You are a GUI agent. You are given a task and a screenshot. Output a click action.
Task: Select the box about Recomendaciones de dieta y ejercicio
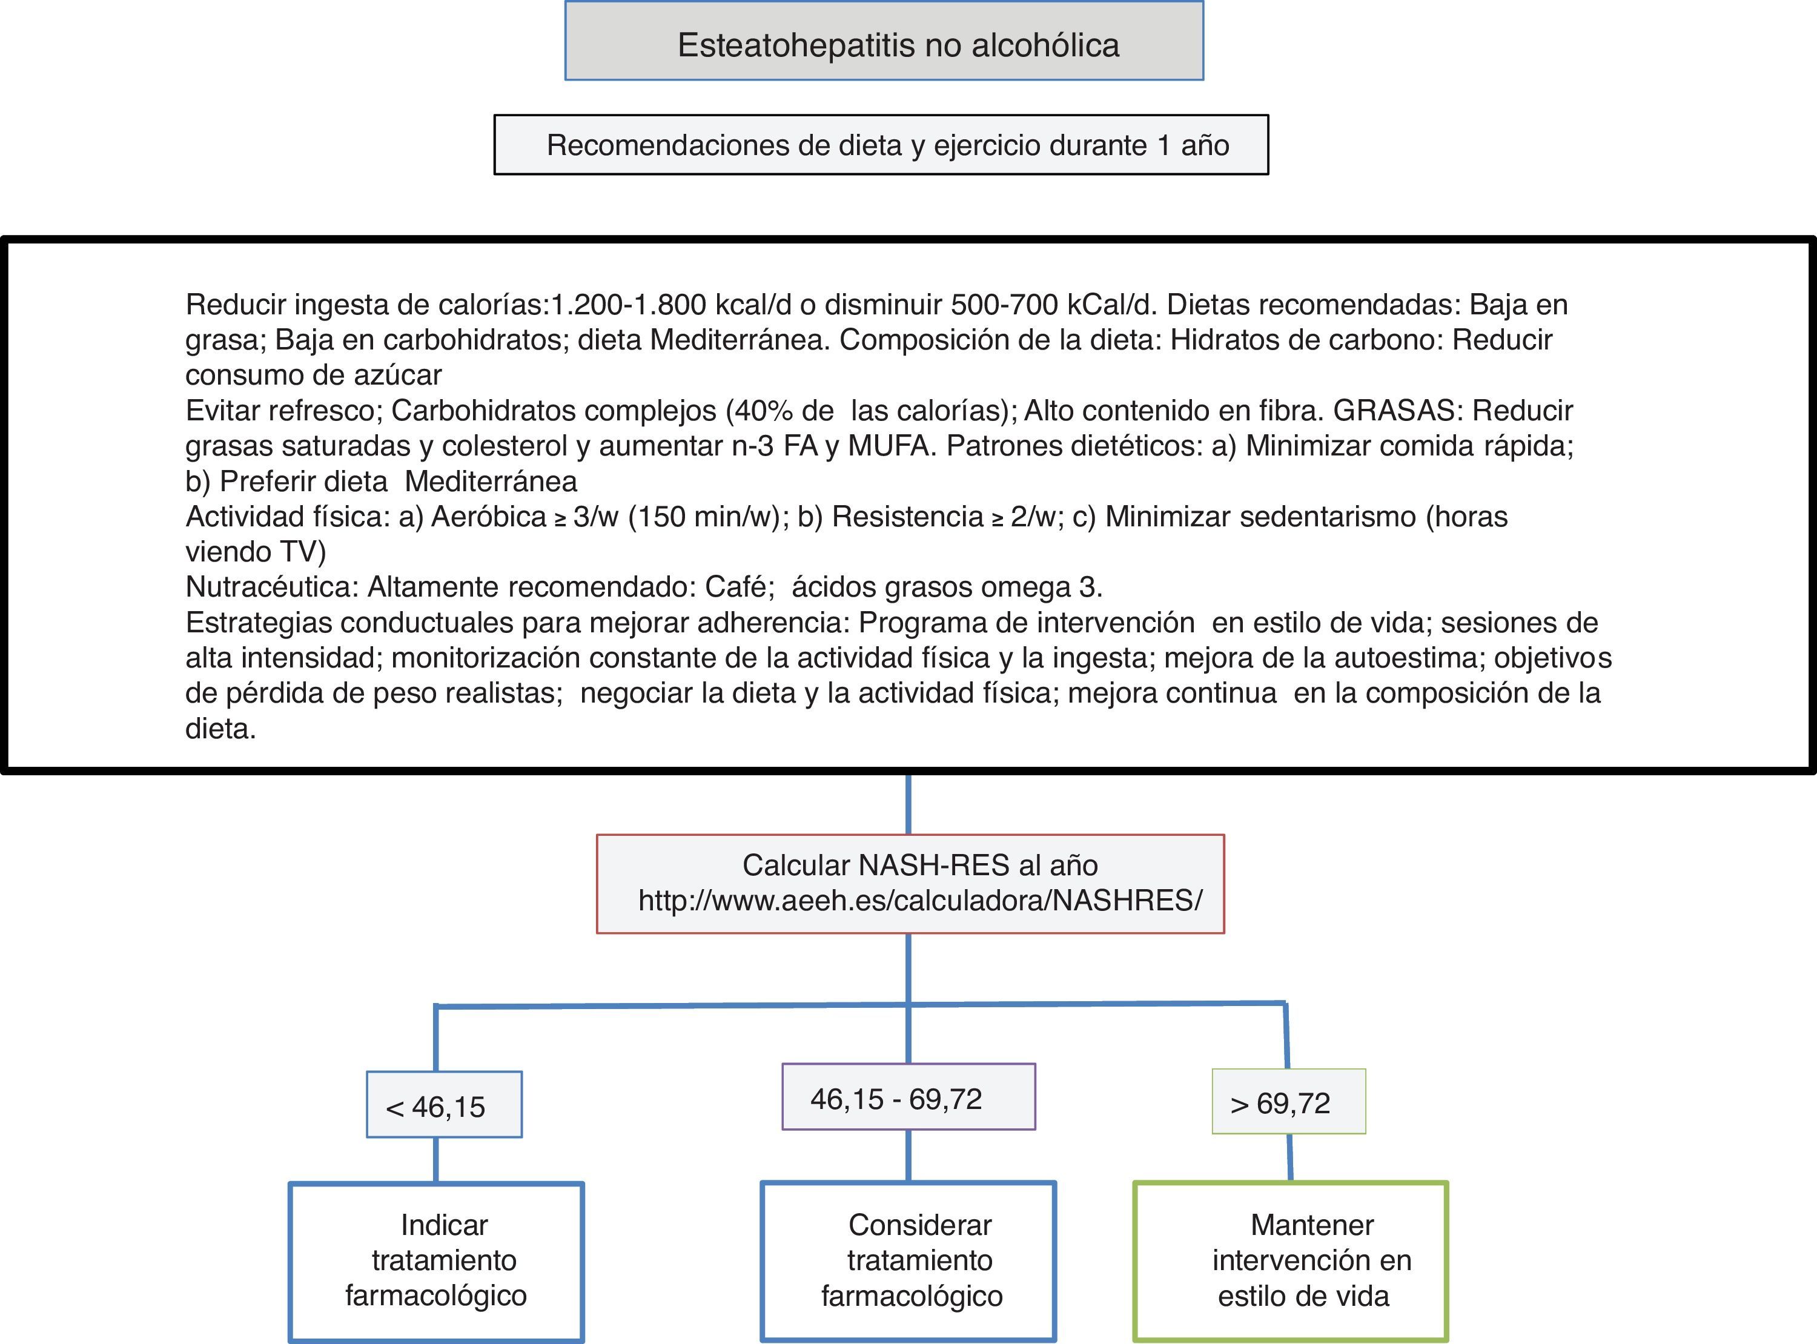881,145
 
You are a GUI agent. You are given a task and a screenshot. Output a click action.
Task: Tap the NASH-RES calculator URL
920,901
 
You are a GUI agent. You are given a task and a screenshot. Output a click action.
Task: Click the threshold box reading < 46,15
444,1105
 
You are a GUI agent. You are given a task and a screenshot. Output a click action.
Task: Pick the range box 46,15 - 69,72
908,1097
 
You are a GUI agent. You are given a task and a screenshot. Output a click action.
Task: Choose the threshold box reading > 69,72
1288,1102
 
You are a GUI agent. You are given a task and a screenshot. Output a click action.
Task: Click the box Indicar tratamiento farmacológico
437,1260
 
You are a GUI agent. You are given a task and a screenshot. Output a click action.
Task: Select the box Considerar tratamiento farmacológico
908,1260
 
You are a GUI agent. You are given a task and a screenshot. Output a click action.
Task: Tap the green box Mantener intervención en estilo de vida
1290,1260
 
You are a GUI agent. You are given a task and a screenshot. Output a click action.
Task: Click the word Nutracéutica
271,586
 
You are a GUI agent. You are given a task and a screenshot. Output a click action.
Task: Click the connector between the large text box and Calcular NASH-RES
908,804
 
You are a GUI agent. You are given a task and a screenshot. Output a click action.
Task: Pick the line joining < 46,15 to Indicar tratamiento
436,1159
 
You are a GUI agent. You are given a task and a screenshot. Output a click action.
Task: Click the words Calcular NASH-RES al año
920,865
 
